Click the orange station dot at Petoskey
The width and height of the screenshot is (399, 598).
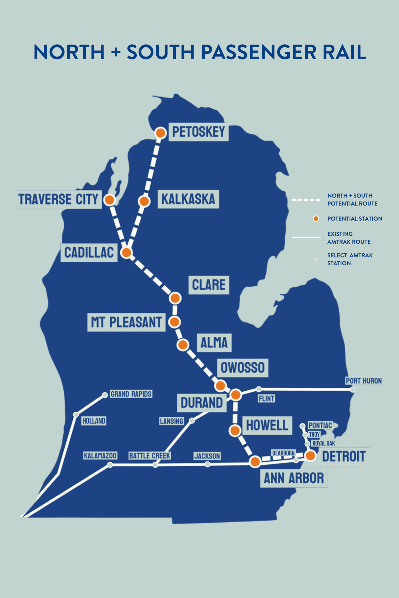[160, 133]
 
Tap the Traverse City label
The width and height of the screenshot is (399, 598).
[58, 199]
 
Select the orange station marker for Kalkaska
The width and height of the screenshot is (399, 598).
[144, 201]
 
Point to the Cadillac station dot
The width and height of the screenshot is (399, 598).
[126, 252]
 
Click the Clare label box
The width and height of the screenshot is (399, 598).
[209, 285]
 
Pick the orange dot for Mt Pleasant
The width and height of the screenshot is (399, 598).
[175, 322]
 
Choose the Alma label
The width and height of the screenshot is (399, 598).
[214, 343]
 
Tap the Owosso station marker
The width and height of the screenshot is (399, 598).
[220, 386]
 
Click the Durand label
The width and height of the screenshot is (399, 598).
[202, 403]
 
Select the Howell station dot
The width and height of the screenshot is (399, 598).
[235, 430]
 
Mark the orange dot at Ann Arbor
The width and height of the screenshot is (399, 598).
[255, 462]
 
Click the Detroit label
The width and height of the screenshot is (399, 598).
[344, 456]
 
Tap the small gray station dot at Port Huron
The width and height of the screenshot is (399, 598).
[353, 390]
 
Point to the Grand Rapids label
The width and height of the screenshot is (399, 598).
[131, 394]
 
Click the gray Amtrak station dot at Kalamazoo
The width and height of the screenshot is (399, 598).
[110, 465]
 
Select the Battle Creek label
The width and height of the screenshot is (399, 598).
[150, 456]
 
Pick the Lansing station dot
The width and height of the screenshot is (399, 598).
[192, 421]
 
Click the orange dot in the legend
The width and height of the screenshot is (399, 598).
[316, 219]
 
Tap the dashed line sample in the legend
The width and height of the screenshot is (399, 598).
[306, 200]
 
